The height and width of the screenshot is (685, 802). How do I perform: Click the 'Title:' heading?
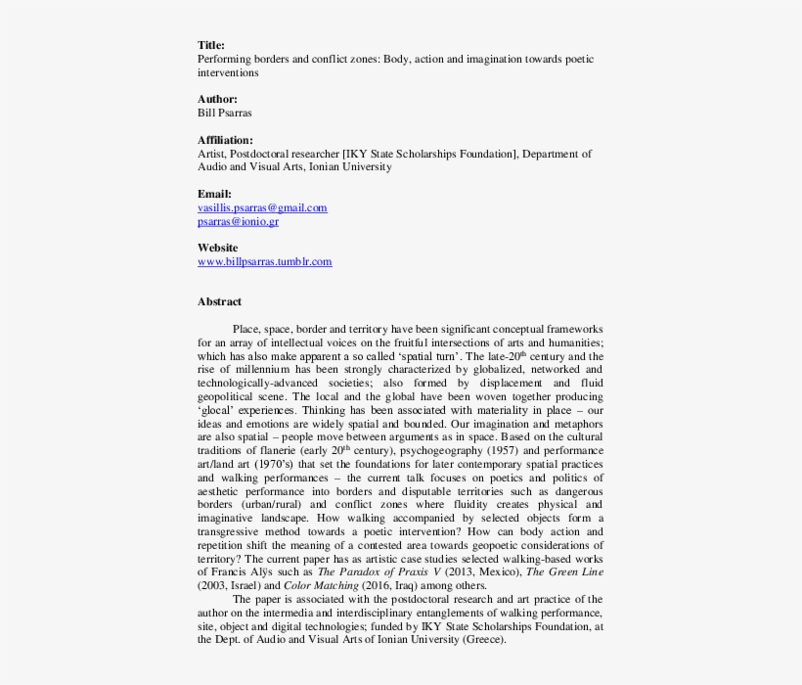210,45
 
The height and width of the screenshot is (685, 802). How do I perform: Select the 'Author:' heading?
216,99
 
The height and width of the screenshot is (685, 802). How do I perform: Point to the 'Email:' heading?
214,194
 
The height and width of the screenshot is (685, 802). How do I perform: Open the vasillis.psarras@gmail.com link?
262,207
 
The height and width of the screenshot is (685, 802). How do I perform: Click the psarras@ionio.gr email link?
238,221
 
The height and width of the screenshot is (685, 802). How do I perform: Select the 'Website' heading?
217,248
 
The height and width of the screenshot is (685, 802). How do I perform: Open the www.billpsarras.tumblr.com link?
264,261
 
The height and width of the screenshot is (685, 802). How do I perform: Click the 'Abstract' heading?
219,301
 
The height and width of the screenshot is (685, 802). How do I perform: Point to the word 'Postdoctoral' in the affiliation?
266,154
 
